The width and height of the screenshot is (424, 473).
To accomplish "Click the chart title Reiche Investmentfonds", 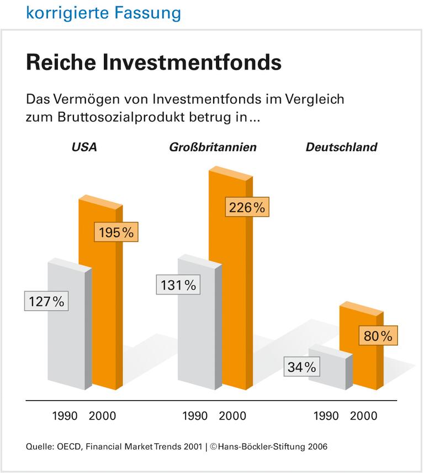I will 153,62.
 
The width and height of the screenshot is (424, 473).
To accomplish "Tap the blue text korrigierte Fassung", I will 103,12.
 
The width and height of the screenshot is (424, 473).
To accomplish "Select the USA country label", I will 84,147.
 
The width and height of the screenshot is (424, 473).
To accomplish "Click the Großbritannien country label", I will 213,147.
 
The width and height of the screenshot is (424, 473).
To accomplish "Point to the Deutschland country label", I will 341,147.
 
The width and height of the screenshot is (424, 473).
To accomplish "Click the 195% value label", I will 116,233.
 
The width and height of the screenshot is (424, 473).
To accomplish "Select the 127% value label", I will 46,302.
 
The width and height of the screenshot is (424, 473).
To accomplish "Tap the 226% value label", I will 246,208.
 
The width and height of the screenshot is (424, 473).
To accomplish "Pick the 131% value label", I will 178,285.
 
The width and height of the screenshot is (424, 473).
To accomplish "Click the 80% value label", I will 378,335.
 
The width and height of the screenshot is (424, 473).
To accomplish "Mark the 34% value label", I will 301,367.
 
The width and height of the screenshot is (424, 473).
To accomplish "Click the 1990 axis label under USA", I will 65,416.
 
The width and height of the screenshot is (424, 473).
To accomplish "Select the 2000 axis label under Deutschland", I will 364,416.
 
